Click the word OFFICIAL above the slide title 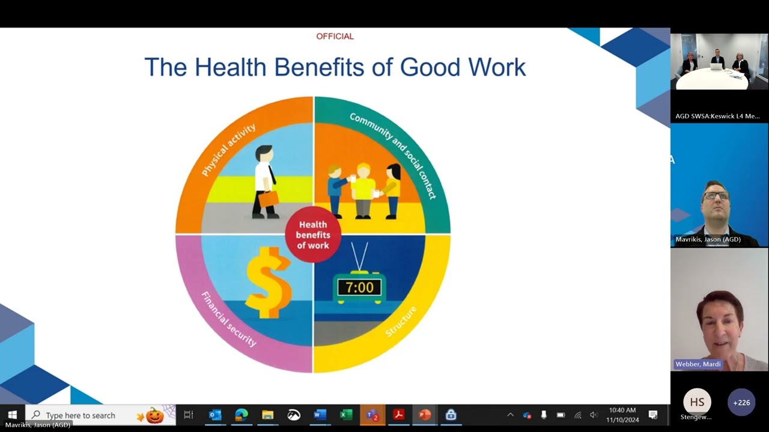[335, 37]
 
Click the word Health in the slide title [231, 67]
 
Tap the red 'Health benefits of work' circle [312, 235]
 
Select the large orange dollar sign [267, 282]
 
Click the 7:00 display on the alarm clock [359, 287]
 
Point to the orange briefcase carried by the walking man [268, 198]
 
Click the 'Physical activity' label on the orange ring [228, 150]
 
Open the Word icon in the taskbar [320, 415]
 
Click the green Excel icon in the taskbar [346, 415]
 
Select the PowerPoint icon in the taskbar [425, 415]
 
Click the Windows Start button [12, 415]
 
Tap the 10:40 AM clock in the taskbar [622, 415]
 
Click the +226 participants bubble [741, 403]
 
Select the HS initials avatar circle [697, 402]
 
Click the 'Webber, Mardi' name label [698, 364]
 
